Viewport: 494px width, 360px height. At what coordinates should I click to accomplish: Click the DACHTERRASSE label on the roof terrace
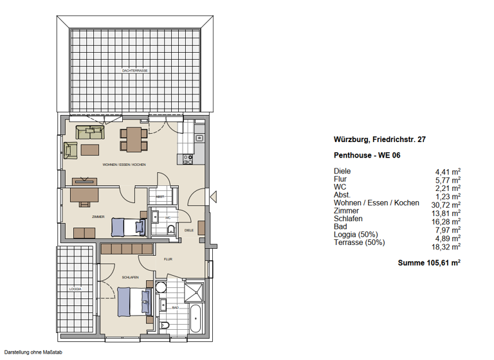[135, 69]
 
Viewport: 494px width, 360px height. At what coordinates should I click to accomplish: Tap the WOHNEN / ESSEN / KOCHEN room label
[124, 165]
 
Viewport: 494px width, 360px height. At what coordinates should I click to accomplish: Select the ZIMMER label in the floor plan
[80, 217]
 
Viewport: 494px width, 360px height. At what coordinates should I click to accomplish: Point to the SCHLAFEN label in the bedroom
[131, 277]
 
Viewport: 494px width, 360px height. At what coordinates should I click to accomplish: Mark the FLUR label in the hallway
[168, 260]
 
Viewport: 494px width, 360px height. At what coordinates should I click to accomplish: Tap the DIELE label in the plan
[188, 230]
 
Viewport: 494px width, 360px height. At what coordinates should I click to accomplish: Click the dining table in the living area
[134, 138]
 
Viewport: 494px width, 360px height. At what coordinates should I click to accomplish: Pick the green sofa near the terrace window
[90, 132]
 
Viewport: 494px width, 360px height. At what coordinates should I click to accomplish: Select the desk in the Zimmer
[84, 194]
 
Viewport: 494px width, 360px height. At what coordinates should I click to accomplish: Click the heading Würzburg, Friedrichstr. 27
[380, 139]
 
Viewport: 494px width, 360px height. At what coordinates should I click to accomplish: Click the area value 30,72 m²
[448, 203]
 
